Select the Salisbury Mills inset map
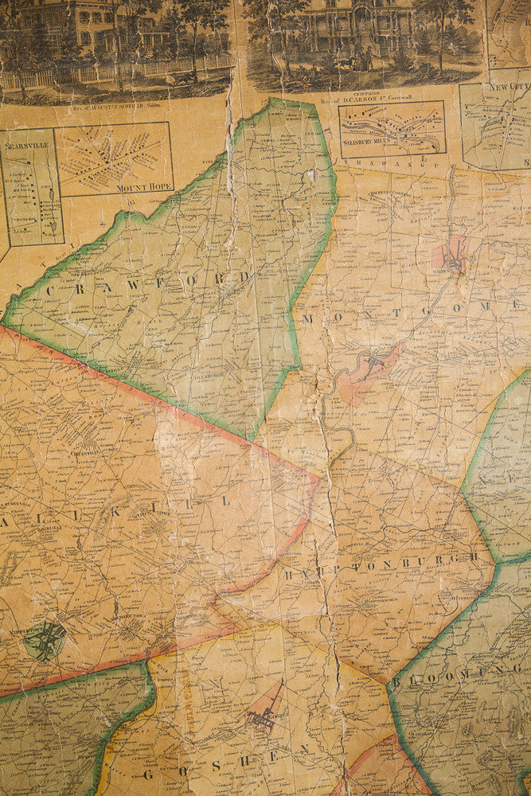(x=392, y=128)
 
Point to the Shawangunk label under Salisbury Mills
(x=398, y=164)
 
